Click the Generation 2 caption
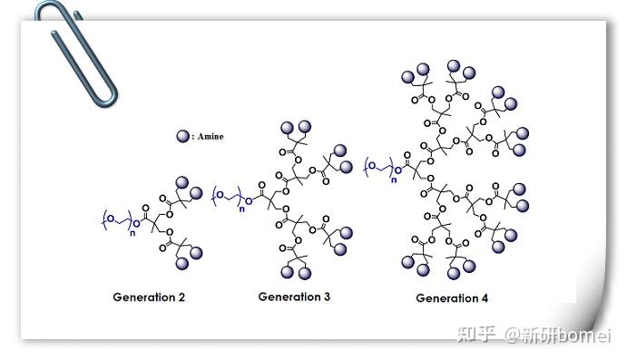coord(149,297)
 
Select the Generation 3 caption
coord(294,297)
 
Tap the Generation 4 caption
coord(452,298)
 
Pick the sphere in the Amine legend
coord(183,136)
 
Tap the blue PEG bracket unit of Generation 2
coord(115,219)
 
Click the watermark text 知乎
coord(478,336)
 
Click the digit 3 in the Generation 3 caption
coord(326,297)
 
